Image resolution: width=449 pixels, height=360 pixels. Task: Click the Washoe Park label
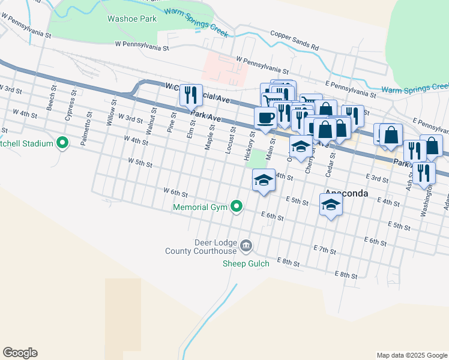pos(131,19)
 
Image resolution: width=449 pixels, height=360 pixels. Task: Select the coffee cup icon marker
pos(265,117)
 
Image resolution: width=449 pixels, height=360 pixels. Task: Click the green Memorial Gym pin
pos(237,207)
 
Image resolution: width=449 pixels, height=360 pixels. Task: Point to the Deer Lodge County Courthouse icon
pos(246,245)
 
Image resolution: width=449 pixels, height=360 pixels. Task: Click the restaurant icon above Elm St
pos(191,94)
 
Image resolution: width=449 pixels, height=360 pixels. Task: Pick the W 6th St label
pos(176,192)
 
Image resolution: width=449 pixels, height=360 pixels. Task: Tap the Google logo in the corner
pos(20,353)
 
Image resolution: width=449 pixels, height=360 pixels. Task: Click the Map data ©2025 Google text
pos(411,355)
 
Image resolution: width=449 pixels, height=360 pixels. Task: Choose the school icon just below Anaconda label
pos(330,206)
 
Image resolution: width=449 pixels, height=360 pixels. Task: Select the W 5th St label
pos(140,162)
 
